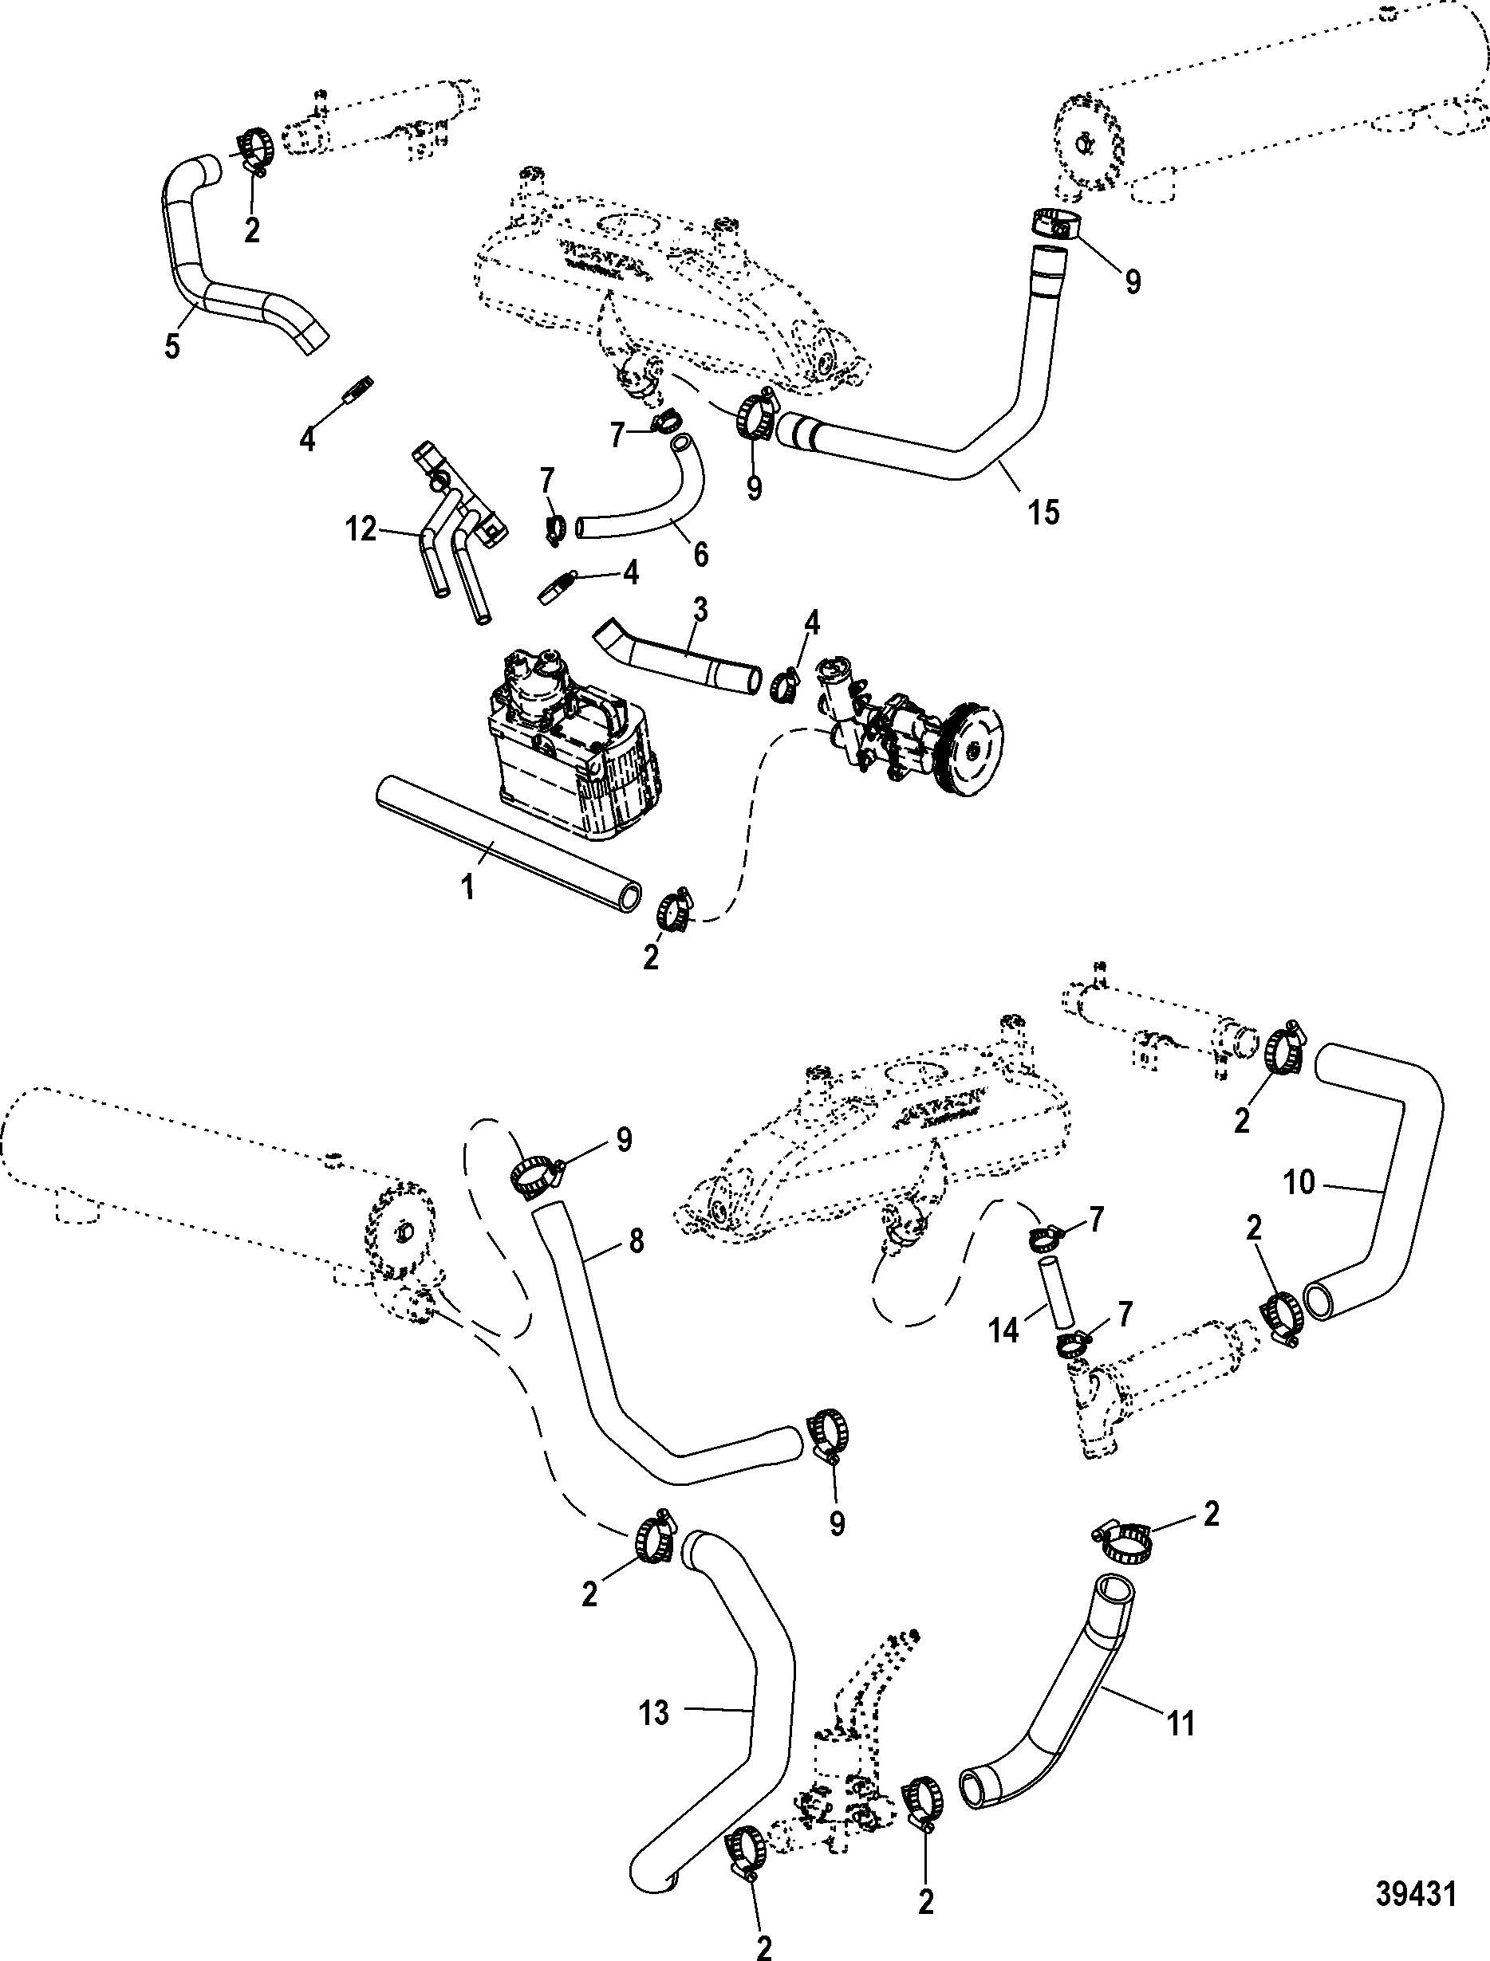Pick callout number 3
coord(700,610)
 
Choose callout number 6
coord(700,554)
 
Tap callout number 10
coord(1299,1183)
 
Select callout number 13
coord(653,1713)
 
